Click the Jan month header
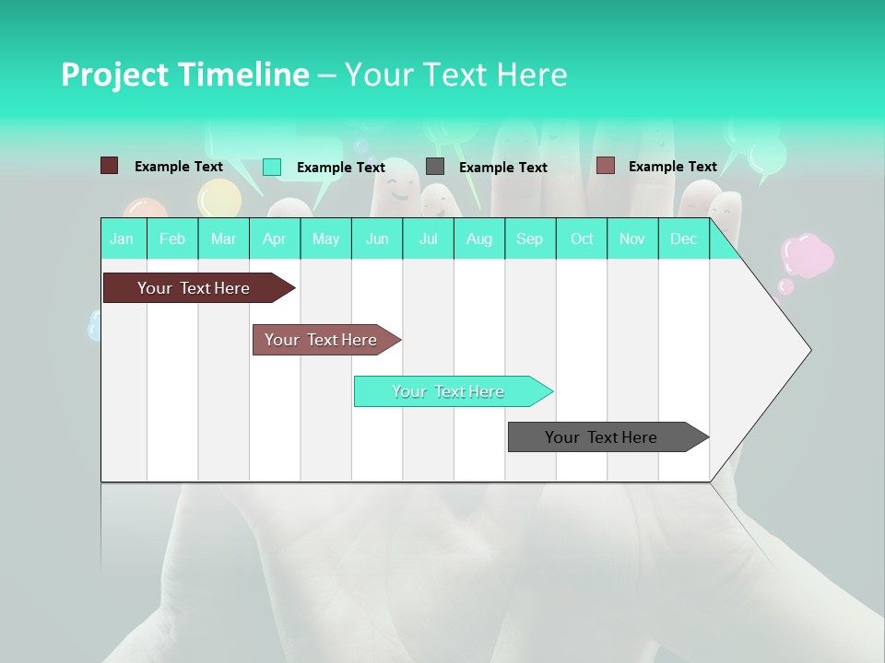point(122,239)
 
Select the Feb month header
point(172,239)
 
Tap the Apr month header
point(275,239)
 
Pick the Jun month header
point(377,239)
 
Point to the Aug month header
point(479,239)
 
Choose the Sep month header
point(530,239)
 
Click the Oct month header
point(582,239)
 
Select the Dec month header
point(684,239)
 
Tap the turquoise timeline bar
point(450,391)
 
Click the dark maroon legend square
point(109,166)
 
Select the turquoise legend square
point(272,167)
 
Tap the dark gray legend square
point(435,167)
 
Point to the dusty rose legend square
point(605,166)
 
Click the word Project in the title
point(114,75)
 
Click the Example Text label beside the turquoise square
point(341,168)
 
